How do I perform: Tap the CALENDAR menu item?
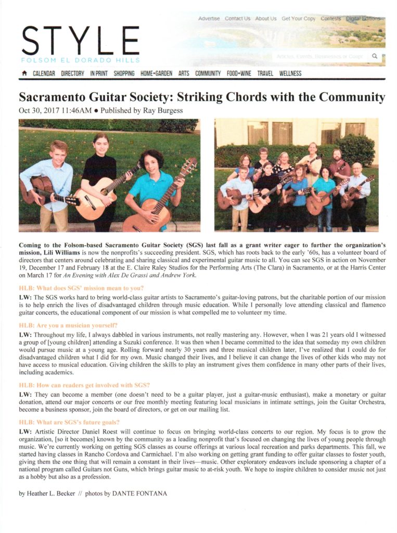[x=44, y=74]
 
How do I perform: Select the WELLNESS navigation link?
[x=290, y=74]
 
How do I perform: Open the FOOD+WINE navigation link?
[x=239, y=74]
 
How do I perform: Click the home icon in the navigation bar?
[x=24, y=74]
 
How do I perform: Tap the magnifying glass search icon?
[x=374, y=56]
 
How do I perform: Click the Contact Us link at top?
[x=237, y=19]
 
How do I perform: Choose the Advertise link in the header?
[x=209, y=19]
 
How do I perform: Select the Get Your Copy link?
[x=298, y=19]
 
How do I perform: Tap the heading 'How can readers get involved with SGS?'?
[x=84, y=385]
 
